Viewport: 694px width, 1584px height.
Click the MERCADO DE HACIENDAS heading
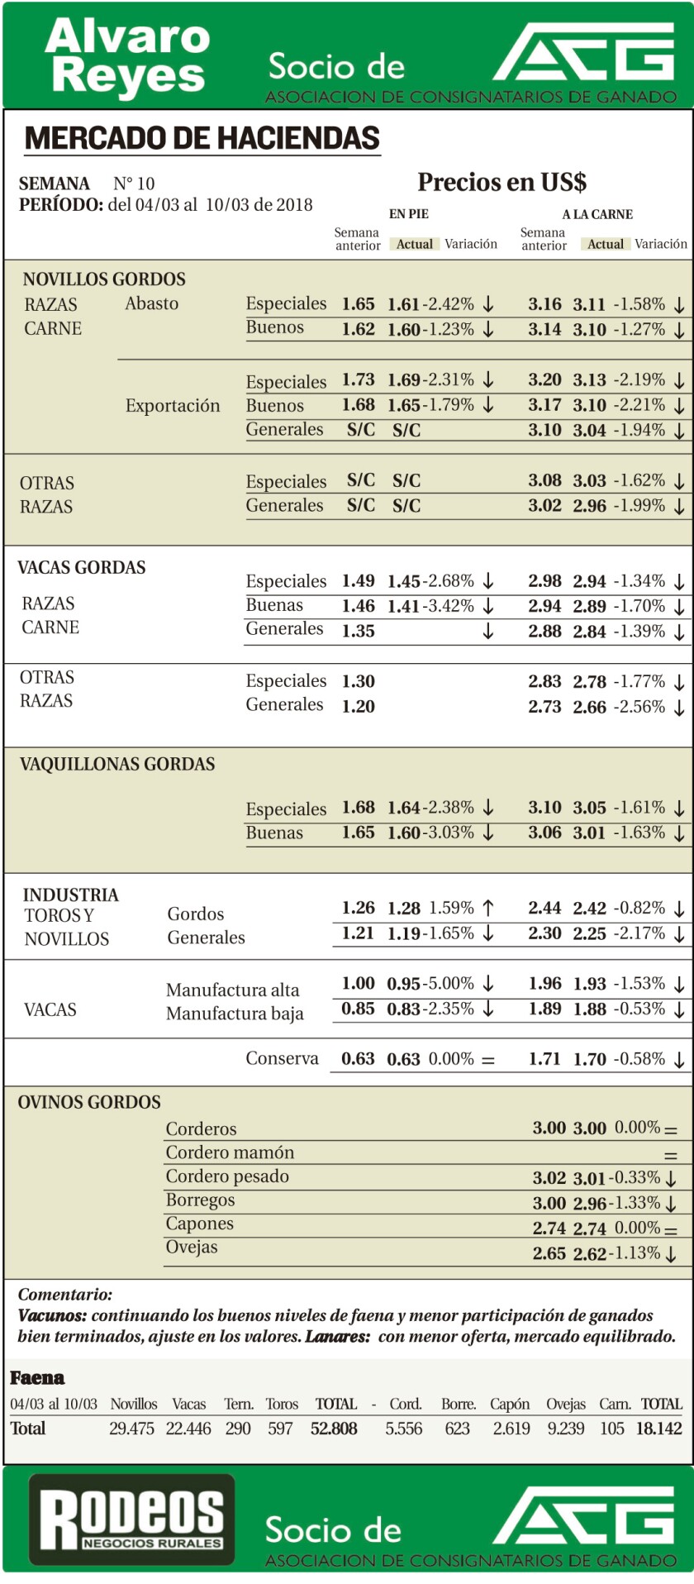tap(202, 138)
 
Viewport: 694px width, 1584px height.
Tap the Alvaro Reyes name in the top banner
tap(127, 56)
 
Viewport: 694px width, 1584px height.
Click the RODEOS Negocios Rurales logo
tap(132, 1521)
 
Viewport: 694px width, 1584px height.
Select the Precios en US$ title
tap(501, 182)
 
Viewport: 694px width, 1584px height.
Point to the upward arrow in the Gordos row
tap(488, 908)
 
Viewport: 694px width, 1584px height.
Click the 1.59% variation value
tap(451, 908)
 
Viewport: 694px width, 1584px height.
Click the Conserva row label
tap(282, 1058)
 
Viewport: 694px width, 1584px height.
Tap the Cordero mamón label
tap(230, 1152)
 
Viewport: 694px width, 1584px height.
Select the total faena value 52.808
tap(334, 1429)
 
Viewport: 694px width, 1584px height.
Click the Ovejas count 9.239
tap(565, 1429)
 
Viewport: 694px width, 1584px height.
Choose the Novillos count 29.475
tap(131, 1429)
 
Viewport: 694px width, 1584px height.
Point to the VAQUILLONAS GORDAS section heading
tap(117, 764)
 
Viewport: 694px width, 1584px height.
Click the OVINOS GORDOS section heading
tap(89, 1102)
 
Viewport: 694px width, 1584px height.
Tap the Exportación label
tap(173, 406)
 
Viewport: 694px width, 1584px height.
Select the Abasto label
tap(151, 303)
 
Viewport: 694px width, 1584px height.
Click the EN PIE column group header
tap(409, 214)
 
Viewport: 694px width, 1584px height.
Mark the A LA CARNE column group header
tap(597, 214)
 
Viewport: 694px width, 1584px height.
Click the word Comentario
tap(65, 1295)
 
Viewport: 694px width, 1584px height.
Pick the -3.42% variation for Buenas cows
tap(449, 606)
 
